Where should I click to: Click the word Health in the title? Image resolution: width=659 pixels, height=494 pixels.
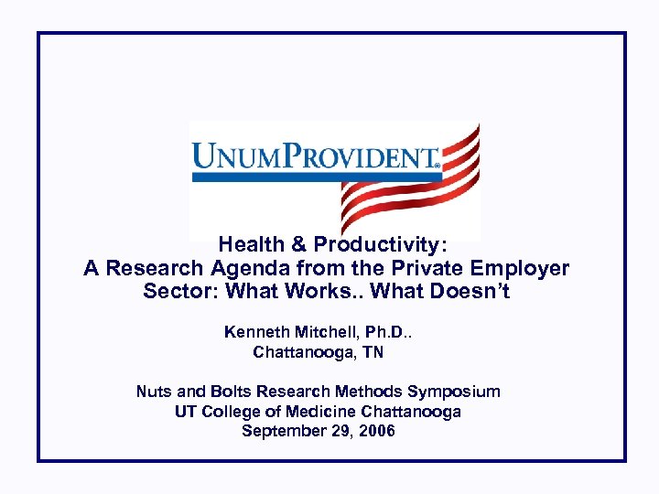[x=252, y=245]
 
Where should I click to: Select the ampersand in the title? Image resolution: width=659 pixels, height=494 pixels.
[x=298, y=245]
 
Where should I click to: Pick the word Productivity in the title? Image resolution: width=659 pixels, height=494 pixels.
[x=376, y=245]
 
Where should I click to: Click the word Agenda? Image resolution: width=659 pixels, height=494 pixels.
[x=254, y=269]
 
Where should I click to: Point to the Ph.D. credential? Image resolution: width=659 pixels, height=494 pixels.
[x=386, y=332]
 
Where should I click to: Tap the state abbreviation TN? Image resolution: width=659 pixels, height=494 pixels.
[x=373, y=352]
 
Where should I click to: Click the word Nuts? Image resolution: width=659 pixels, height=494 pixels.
[x=155, y=392]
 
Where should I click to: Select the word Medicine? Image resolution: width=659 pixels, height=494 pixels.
[x=321, y=412]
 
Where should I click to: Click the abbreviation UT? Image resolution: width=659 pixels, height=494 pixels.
[x=186, y=412]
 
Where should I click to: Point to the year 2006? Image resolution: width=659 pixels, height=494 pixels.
[x=377, y=431]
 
